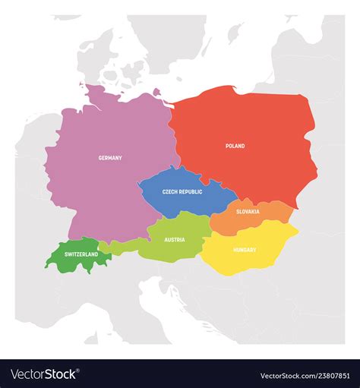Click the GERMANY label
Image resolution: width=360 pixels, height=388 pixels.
coord(110,158)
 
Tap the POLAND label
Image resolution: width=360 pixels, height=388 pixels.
coord(235,146)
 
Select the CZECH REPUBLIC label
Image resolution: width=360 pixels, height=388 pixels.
coord(182,192)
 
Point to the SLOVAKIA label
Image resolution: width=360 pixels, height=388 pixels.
coord(248,211)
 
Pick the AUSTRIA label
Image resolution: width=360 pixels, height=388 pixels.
coord(175,240)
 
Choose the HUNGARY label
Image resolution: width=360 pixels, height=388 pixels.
coord(245,250)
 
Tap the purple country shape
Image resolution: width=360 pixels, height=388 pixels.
coord(106,190)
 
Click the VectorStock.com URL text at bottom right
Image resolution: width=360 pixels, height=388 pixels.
coord(286,375)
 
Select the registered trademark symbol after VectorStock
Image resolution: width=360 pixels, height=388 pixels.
coord(80,371)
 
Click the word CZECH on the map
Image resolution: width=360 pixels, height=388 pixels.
coord(170,192)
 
